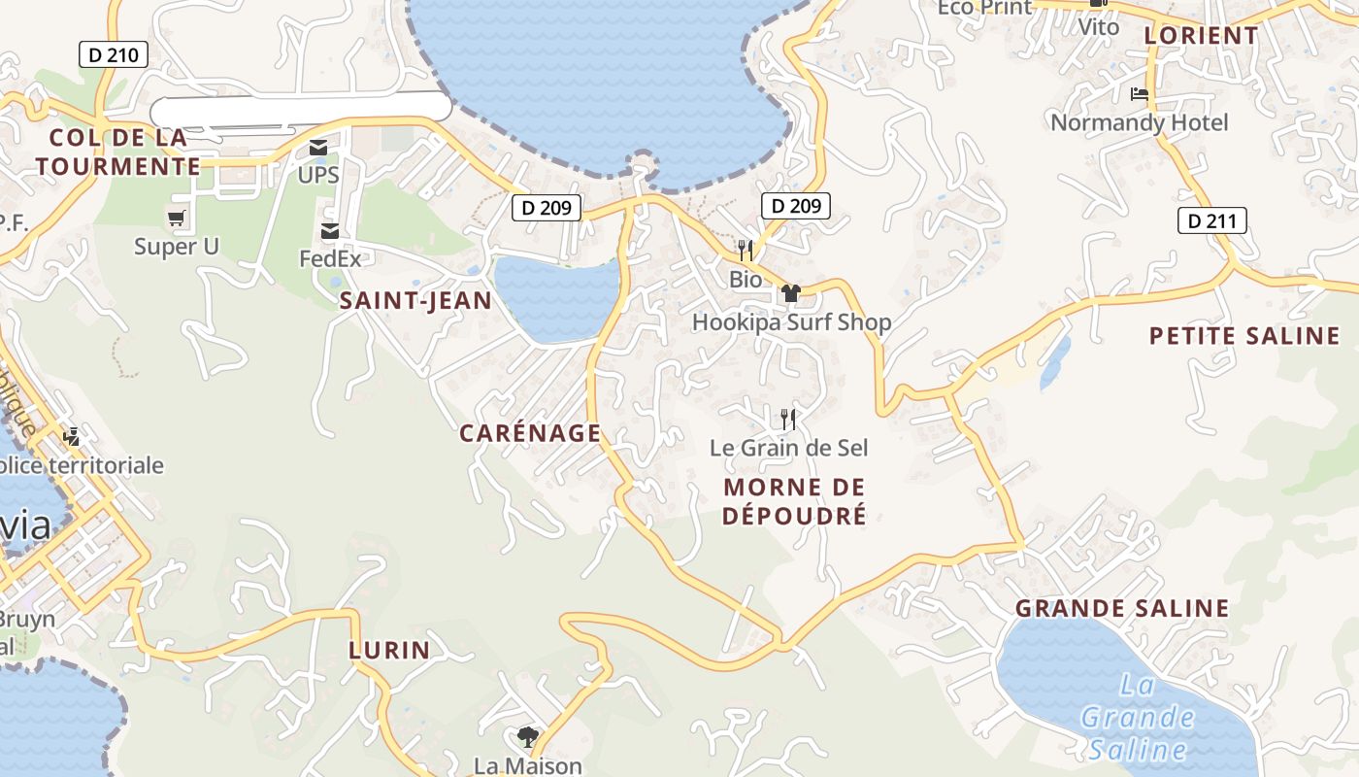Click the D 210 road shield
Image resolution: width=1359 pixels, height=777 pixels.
tap(114, 54)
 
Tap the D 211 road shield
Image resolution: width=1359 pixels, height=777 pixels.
tap(1211, 220)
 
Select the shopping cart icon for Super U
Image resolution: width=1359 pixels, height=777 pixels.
tap(176, 219)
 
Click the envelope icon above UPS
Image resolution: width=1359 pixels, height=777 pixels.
tap(318, 149)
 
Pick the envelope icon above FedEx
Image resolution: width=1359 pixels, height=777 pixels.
tap(330, 231)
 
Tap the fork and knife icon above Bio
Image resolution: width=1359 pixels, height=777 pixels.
tap(746, 251)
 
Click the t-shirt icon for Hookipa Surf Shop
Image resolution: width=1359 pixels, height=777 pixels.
tap(791, 292)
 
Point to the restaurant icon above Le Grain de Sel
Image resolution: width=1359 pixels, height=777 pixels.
tap(788, 420)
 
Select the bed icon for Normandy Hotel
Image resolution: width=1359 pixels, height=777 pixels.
tap(1140, 94)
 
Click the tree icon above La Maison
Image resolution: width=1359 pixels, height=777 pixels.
tap(527, 737)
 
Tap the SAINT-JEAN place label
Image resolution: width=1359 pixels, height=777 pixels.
tap(415, 301)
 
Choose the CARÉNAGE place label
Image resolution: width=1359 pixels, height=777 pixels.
tap(530, 433)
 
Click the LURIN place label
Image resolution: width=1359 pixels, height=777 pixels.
tap(389, 650)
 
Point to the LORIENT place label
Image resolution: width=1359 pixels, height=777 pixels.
tap(1201, 35)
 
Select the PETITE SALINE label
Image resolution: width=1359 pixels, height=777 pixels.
tap(1244, 336)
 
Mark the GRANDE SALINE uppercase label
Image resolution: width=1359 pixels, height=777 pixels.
tap(1122, 609)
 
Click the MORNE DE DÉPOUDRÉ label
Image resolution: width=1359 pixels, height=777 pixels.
tap(794, 501)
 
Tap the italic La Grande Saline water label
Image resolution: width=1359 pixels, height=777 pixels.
tap(1137, 717)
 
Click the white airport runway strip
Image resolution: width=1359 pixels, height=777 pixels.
tap(301, 109)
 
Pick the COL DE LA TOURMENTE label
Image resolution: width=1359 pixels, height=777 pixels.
tap(117, 152)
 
